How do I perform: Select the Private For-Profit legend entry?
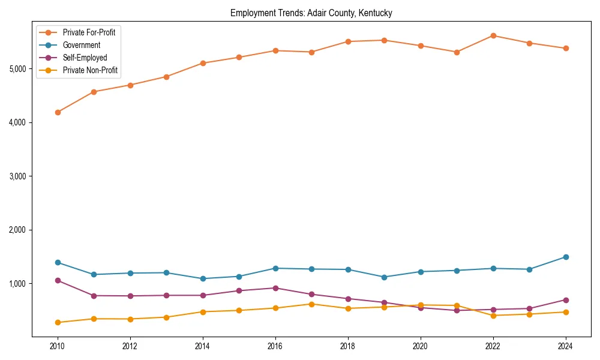click(x=89, y=32)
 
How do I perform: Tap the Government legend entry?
click(x=82, y=45)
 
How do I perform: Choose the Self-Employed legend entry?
click(x=85, y=58)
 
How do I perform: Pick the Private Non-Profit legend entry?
click(x=90, y=71)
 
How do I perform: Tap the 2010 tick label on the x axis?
click(x=58, y=347)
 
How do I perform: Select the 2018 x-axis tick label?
click(x=348, y=347)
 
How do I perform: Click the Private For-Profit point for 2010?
click(x=58, y=112)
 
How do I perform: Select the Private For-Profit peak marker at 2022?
click(x=493, y=35)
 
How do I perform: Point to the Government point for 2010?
click(x=58, y=262)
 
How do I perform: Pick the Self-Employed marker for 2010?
click(x=58, y=280)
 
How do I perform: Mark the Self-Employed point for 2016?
click(x=275, y=288)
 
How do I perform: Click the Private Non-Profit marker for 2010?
click(x=58, y=322)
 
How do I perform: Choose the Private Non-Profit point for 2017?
click(x=311, y=304)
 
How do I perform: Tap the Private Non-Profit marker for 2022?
click(x=493, y=316)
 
